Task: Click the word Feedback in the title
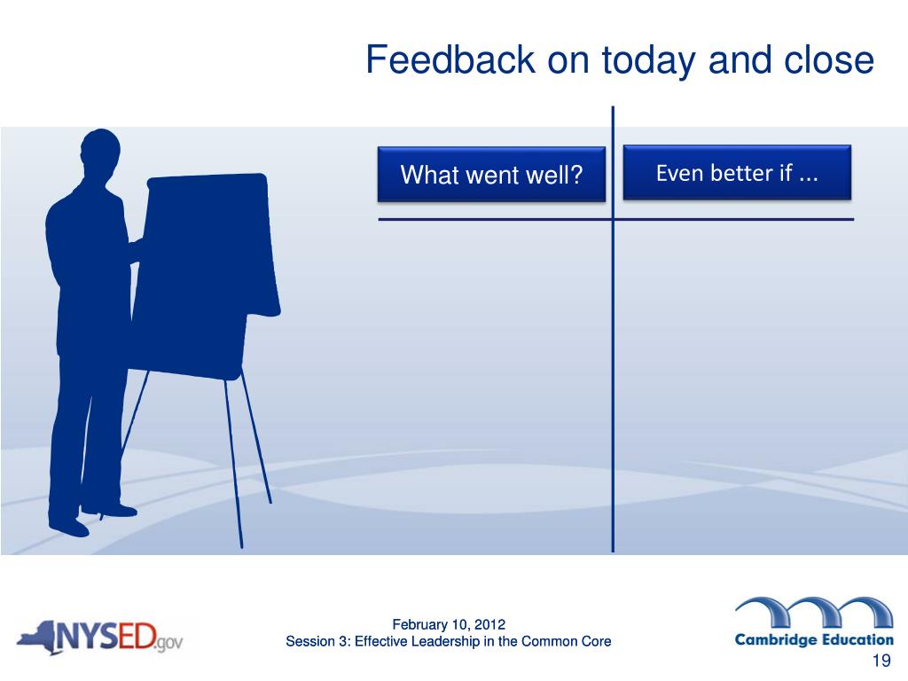tap(450, 59)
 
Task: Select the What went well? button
tap(491, 175)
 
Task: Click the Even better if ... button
tap(737, 173)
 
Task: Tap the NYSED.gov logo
tap(100, 638)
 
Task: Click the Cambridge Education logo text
tap(814, 640)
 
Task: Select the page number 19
tap(881, 661)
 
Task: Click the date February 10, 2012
tap(449, 624)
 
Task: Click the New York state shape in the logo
tap(36, 638)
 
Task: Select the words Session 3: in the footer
tap(318, 641)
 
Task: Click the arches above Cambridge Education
tap(815, 612)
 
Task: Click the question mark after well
tap(575, 175)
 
